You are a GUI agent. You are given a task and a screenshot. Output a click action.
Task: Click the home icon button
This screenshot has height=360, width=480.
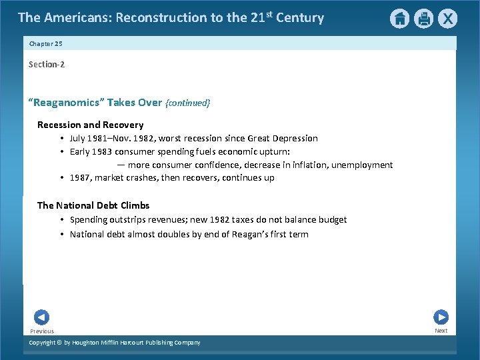[x=399, y=19]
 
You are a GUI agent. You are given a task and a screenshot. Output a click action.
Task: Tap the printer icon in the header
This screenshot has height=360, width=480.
[x=423, y=19]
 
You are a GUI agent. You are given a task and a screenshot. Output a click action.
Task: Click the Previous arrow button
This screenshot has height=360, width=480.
[x=41, y=317]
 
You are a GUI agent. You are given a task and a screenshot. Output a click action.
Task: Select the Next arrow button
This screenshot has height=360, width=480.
[x=441, y=317]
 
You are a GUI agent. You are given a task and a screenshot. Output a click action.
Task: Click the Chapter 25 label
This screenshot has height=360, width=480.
[x=45, y=43]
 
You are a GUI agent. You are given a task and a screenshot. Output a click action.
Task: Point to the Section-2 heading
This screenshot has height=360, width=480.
[x=47, y=64]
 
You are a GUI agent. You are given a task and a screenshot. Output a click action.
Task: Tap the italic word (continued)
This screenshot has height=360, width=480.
[x=188, y=103]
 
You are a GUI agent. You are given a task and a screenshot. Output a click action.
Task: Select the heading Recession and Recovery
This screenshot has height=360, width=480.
[x=90, y=125]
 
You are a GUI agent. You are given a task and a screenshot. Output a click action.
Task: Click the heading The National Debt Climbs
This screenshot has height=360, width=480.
[x=93, y=205]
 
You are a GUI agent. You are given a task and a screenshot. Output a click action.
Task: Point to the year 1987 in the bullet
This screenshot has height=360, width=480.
[x=81, y=178]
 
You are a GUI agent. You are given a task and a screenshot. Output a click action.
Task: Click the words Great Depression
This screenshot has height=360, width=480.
[x=283, y=139]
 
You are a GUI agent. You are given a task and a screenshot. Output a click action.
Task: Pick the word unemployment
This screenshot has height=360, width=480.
[x=362, y=165]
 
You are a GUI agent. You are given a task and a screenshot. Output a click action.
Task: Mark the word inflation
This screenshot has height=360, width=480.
[x=309, y=165]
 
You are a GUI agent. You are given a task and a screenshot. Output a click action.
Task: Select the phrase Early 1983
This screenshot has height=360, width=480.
[x=89, y=151]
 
